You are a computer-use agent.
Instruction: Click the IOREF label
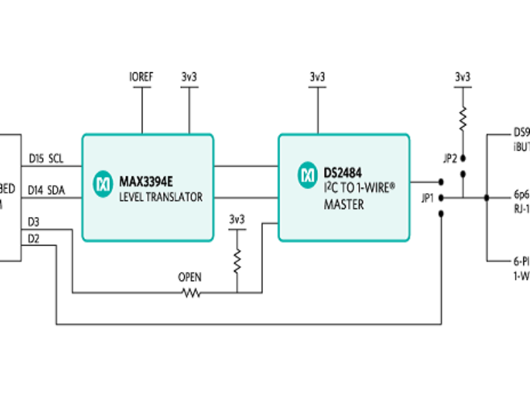[141, 77]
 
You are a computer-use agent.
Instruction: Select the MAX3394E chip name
[146, 180]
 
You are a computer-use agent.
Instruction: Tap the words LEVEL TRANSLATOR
[160, 197]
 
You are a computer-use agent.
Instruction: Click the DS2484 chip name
[343, 174]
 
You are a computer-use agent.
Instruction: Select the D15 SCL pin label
[45, 159]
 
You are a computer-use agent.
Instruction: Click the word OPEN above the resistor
[189, 277]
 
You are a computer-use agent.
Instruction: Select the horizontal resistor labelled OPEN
[191, 293]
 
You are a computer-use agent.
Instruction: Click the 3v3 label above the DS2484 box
[317, 77]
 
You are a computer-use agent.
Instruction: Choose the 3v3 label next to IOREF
[189, 77]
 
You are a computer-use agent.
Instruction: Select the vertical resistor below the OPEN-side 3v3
[237, 261]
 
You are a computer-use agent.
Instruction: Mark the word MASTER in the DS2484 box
[343, 206]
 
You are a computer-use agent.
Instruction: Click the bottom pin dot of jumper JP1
[441, 213]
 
